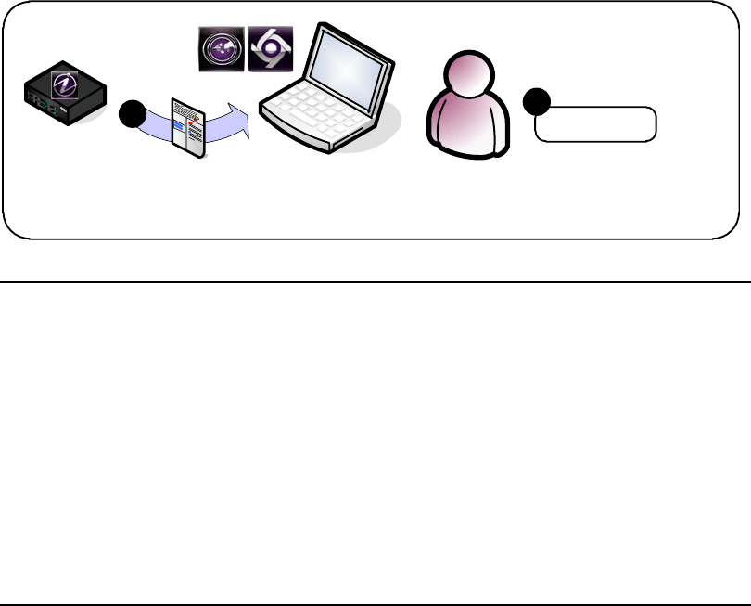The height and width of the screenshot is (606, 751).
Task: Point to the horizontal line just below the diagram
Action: pos(375,281)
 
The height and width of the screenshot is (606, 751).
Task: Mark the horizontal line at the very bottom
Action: pos(375,605)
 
